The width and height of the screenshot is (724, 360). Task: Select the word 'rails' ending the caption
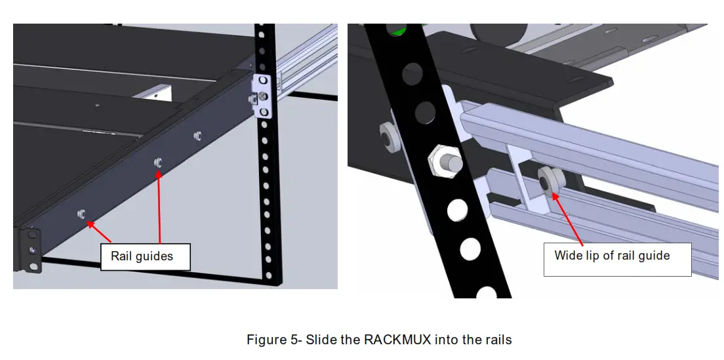tap(497, 340)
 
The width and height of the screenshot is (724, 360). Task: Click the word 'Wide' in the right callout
tap(568, 255)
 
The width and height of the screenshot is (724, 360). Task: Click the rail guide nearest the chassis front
tap(82, 214)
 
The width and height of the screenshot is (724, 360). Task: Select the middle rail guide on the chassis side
tap(157, 162)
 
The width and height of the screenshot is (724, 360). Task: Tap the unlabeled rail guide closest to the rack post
tap(197, 136)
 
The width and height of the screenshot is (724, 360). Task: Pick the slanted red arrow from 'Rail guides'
tap(100, 233)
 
